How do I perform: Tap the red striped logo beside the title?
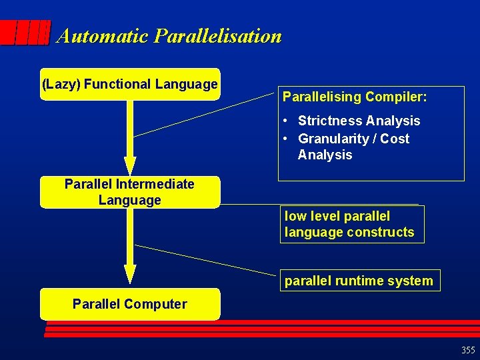pyautogui.click(x=25, y=33)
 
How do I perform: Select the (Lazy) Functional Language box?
pyautogui.click(x=130, y=84)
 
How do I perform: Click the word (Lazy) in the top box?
pyautogui.click(x=61, y=84)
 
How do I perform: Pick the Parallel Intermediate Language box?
pyautogui.click(x=130, y=192)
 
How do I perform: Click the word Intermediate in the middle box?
pyautogui.click(x=152, y=184)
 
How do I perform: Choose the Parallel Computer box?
pyautogui.click(x=130, y=304)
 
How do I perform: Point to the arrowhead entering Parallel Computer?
pyautogui.click(x=130, y=275)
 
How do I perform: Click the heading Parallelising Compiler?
pyautogui.click(x=355, y=97)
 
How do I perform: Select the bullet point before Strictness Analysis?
pyautogui.click(x=285, y=121)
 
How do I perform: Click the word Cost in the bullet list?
pyautogui.click(x=397, y=139)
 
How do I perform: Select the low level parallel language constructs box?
pyautogui.click(x=351, y=224)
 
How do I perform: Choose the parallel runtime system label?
pyautogui.click(x=359, y=281)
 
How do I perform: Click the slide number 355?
pyautogui.click(x=468, y=350)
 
